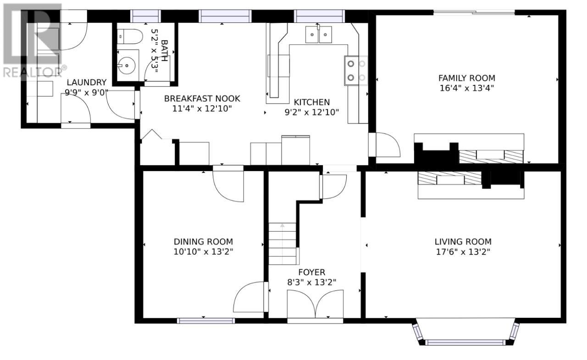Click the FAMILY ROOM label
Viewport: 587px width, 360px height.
467,78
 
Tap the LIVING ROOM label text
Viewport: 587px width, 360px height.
463,242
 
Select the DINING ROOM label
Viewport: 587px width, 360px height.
203,242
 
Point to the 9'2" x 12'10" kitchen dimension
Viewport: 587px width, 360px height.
311,112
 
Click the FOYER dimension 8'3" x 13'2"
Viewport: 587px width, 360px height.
311,282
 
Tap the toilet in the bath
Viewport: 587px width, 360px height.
130,36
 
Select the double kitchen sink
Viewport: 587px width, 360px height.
319,34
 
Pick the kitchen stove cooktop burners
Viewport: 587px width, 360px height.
356,71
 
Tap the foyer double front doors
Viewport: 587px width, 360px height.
315,304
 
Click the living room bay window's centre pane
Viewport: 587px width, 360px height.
465,342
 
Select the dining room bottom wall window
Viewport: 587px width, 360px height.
206,321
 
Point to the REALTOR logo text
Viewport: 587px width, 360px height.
34,72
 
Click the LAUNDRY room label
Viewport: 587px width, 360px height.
87,82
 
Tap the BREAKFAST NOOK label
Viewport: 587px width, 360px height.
202,99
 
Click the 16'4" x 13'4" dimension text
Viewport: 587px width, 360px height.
467,88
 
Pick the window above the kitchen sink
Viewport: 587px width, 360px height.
319,16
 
